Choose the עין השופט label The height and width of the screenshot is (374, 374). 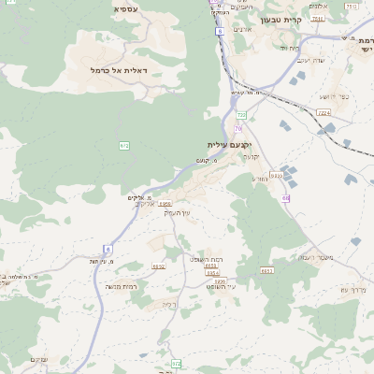tap(220, 287)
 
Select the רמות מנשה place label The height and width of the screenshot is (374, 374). tap(122, 286)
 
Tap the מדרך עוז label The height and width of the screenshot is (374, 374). tap(356, 289)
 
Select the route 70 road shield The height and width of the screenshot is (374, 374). tap(239, 128)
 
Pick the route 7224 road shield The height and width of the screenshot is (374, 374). tap(324, 112)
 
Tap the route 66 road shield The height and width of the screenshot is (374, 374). tap(284, 198)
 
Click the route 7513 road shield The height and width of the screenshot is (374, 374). tap(318, 18)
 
